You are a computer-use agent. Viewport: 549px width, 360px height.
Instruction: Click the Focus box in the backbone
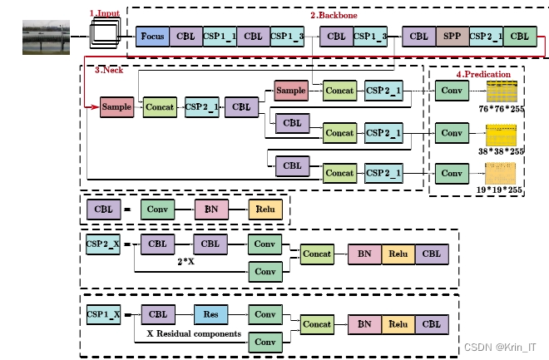click(x=152, y=37)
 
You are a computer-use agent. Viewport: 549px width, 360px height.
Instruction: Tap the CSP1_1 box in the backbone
click(x=220, y=37)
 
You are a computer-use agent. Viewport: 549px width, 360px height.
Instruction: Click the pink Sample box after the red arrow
click(x=116, y=106)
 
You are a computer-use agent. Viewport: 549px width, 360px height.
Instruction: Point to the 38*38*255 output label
click(x=501, y=151)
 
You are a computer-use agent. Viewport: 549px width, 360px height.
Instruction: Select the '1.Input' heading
click(x=105, y=13)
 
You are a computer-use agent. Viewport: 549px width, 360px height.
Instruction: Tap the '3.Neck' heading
click(x=109, y=71)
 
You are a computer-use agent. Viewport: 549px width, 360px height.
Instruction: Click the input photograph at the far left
click(x=46, y=37)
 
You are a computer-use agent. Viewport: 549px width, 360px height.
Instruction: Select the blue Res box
click(x=210, y=315)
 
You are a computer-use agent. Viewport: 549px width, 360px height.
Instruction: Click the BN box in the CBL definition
click(x=211, y=210)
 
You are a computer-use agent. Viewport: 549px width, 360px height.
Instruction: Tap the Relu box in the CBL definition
click(x=265, y=210)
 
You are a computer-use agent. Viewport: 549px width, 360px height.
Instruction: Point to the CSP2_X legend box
click(x=104, y=244)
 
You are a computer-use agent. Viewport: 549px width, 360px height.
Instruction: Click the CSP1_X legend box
click(x=104, y=315)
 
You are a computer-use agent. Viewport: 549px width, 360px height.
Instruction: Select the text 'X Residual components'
click(x=193, y=333)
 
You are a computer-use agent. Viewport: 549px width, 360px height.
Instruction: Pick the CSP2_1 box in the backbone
click(x=485, y=37)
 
